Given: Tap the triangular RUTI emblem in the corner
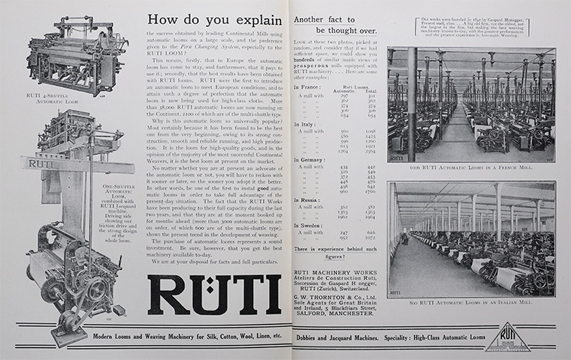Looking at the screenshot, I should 507,337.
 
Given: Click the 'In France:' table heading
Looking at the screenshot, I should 310,87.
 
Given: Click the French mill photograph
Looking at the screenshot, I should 470,103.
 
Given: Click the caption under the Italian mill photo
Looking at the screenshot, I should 470,301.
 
